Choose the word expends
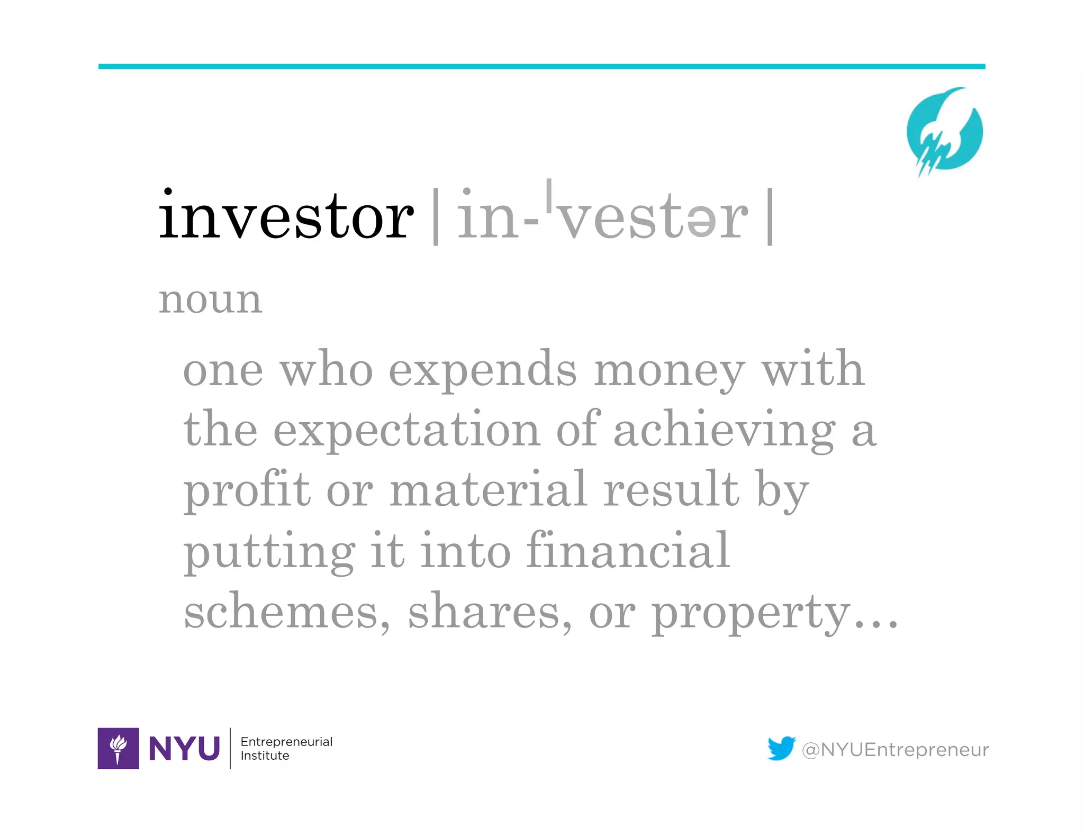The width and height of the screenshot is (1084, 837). click(483, 370)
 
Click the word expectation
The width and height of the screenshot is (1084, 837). click(406, 430)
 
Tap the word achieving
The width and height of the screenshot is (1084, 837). click(724, 431)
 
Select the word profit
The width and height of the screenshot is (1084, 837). click(247, 490)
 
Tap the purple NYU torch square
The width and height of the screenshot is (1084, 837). click(118, 748)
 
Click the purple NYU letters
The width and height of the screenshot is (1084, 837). click(184, 748)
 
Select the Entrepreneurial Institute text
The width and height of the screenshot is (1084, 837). click(286, 748)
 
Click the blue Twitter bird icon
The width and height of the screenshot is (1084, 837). click(781, 748)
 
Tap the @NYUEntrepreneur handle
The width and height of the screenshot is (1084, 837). click(895, 750)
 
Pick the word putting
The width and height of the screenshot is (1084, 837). click(269, 552)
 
